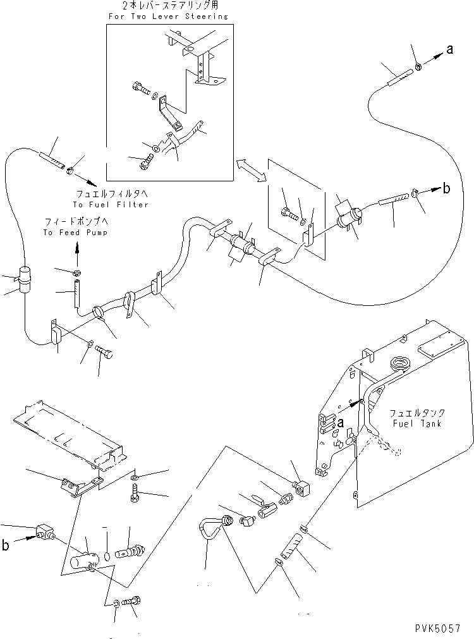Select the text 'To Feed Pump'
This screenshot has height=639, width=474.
pyautogui.click(x=75, y=233)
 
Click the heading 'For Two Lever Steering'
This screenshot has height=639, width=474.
pyautogui.click(x=167, y=16)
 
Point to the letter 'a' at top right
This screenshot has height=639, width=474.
pyautogui.click(x=449, y=51)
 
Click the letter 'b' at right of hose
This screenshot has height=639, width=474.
pyautogui.click(x=446, y=188)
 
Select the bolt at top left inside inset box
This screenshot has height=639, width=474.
pyautogui.click(x=139, y=88)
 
